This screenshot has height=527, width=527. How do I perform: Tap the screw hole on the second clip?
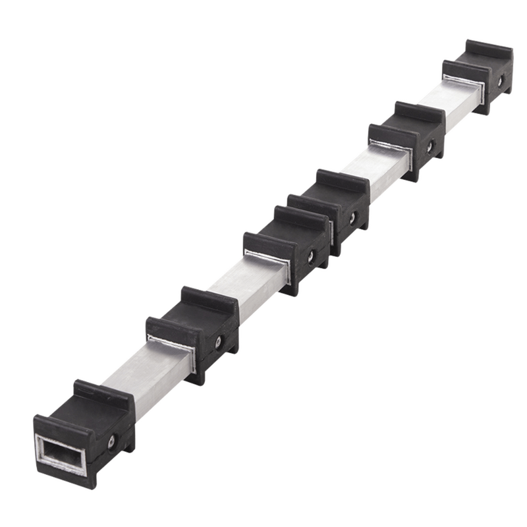pyautogui.click(x=217, y=343)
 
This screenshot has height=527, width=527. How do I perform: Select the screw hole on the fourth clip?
pyautogui.click(x=352, y=217)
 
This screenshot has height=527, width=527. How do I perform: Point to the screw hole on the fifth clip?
pyautogui.click(x=430, y=146)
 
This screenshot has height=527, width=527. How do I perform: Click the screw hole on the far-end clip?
pyautogui.click(x=500, y=82)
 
